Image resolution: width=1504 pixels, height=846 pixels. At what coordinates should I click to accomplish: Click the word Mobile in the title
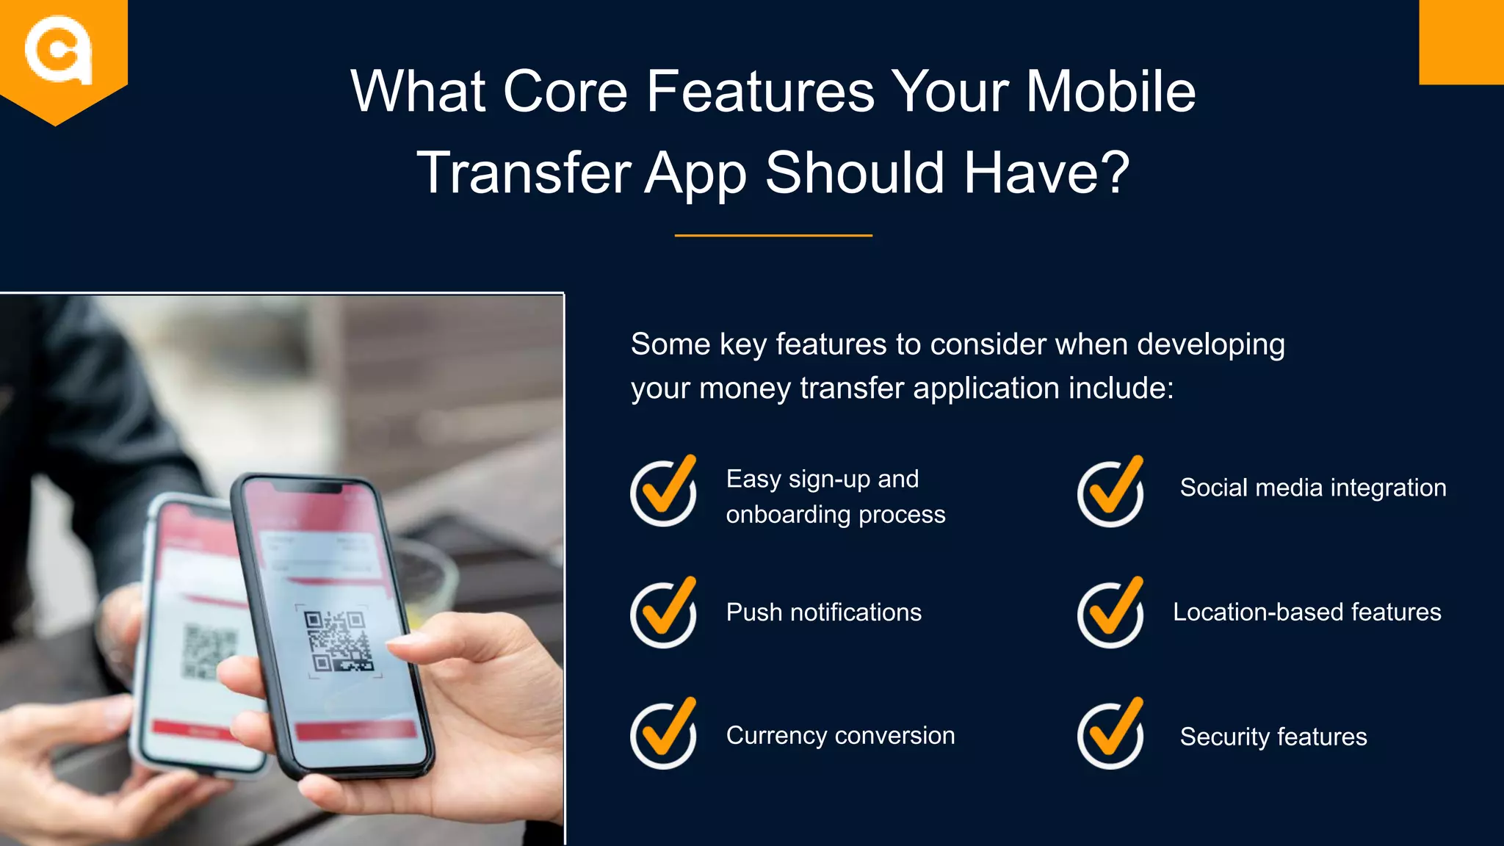click(x=1110, y=92)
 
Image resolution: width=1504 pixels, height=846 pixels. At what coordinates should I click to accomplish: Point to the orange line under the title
click(x=773, y=236)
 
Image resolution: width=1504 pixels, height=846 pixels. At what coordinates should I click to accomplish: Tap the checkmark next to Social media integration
click(x=1111, y=491)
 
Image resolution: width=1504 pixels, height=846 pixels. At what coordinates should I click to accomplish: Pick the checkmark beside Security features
click(x=1111, y=734)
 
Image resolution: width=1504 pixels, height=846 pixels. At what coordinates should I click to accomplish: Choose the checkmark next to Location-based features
click(x=1111, y=612)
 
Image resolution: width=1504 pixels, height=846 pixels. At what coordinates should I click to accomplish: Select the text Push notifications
click(x=823, y=612)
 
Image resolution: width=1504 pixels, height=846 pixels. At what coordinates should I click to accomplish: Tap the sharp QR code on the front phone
click(x=339, y=641)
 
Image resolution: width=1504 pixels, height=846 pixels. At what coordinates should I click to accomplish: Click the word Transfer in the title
click(x=524, y=173)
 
